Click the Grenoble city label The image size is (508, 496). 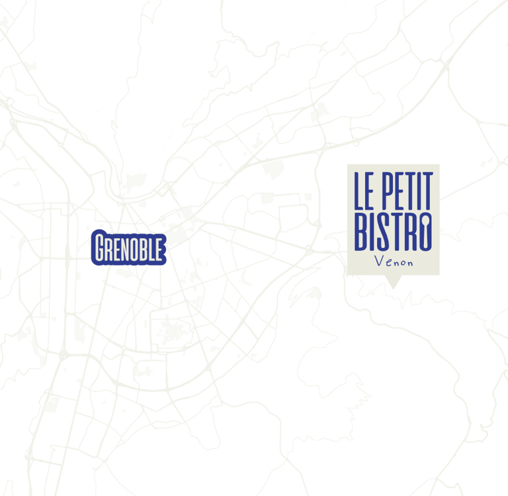point(128,249)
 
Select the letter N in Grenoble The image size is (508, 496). point(124,249)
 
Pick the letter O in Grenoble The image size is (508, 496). point(134,249)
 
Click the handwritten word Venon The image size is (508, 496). point(394,262)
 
